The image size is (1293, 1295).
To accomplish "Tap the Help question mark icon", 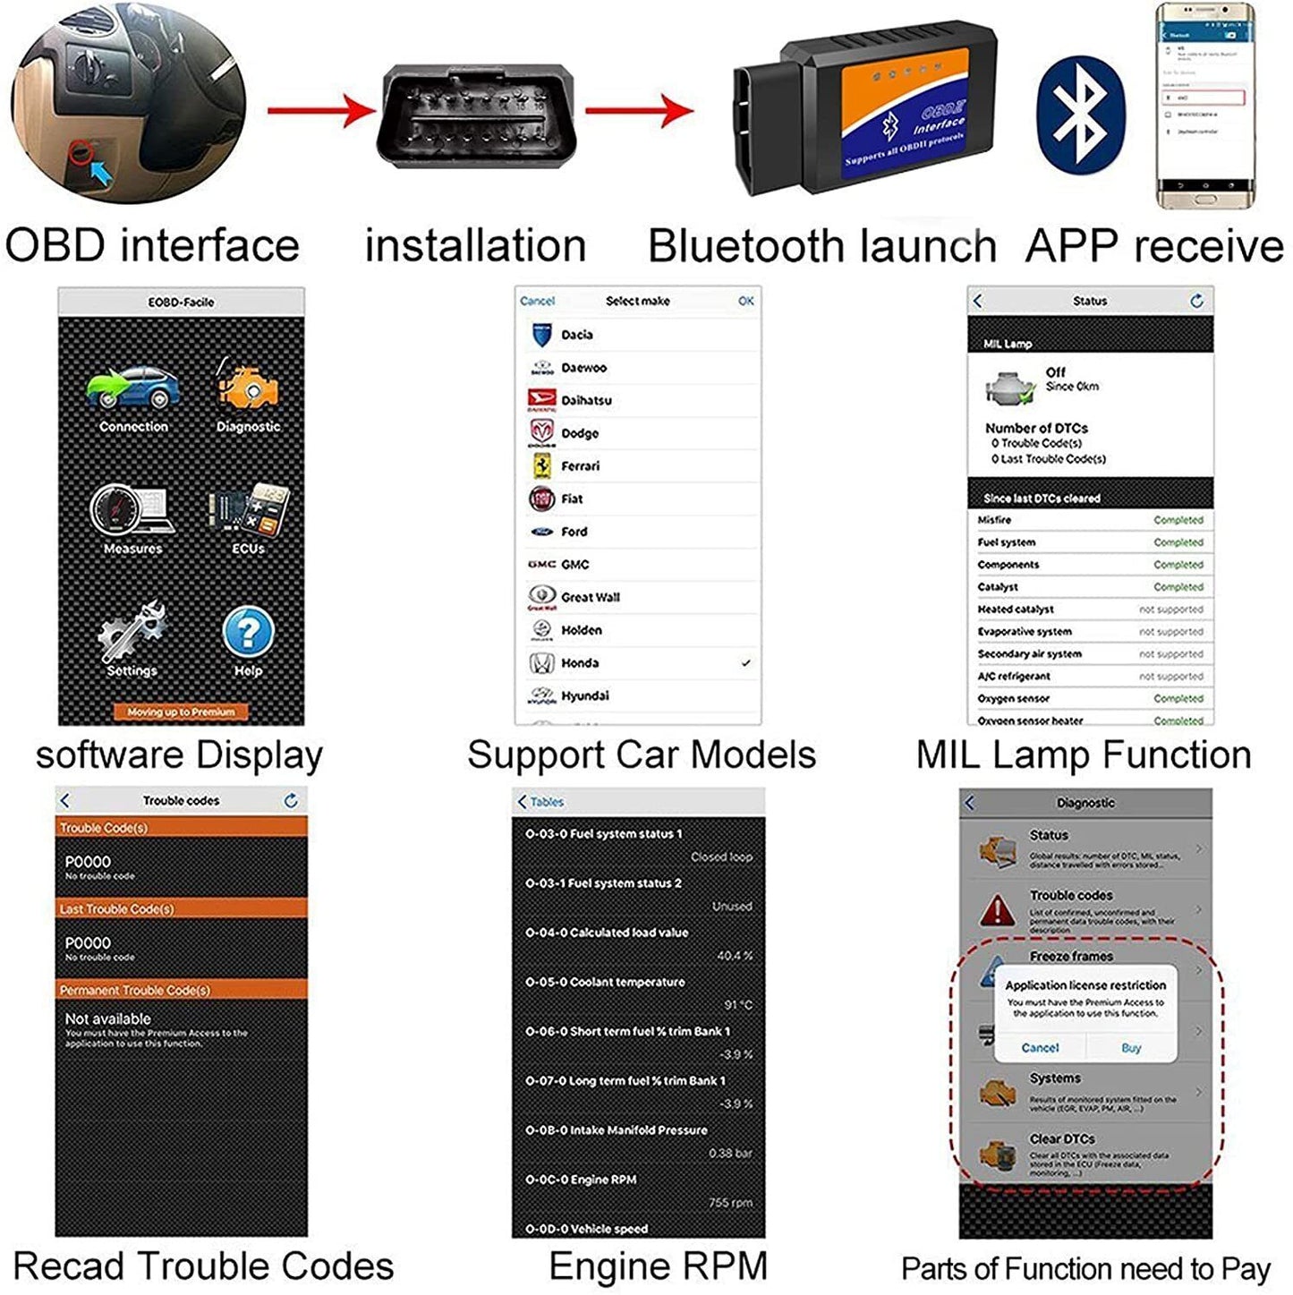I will (x=248, y=631).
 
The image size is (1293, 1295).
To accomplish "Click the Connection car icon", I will (x=133, y=389).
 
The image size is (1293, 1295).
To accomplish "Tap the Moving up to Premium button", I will (x=181, y=712).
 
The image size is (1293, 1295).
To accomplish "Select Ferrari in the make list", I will (x=581, y=466).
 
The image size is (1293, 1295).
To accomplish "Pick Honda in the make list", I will (x=580, y=663).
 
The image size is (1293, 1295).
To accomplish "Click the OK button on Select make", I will (x=746, y=301).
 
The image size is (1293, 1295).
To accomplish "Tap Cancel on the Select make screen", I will (x=537, y=301).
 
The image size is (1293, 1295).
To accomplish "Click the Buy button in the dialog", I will (x=1131, y=1047).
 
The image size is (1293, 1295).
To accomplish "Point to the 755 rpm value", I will (x=730, y=1203).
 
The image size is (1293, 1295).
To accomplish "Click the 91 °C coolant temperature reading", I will (x=737, y=1005).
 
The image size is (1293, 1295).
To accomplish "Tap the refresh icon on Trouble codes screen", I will (x=291, y=801).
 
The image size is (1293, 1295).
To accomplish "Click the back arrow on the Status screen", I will (x=977, y=302).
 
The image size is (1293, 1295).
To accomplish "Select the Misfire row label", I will (x=994, y=520).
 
